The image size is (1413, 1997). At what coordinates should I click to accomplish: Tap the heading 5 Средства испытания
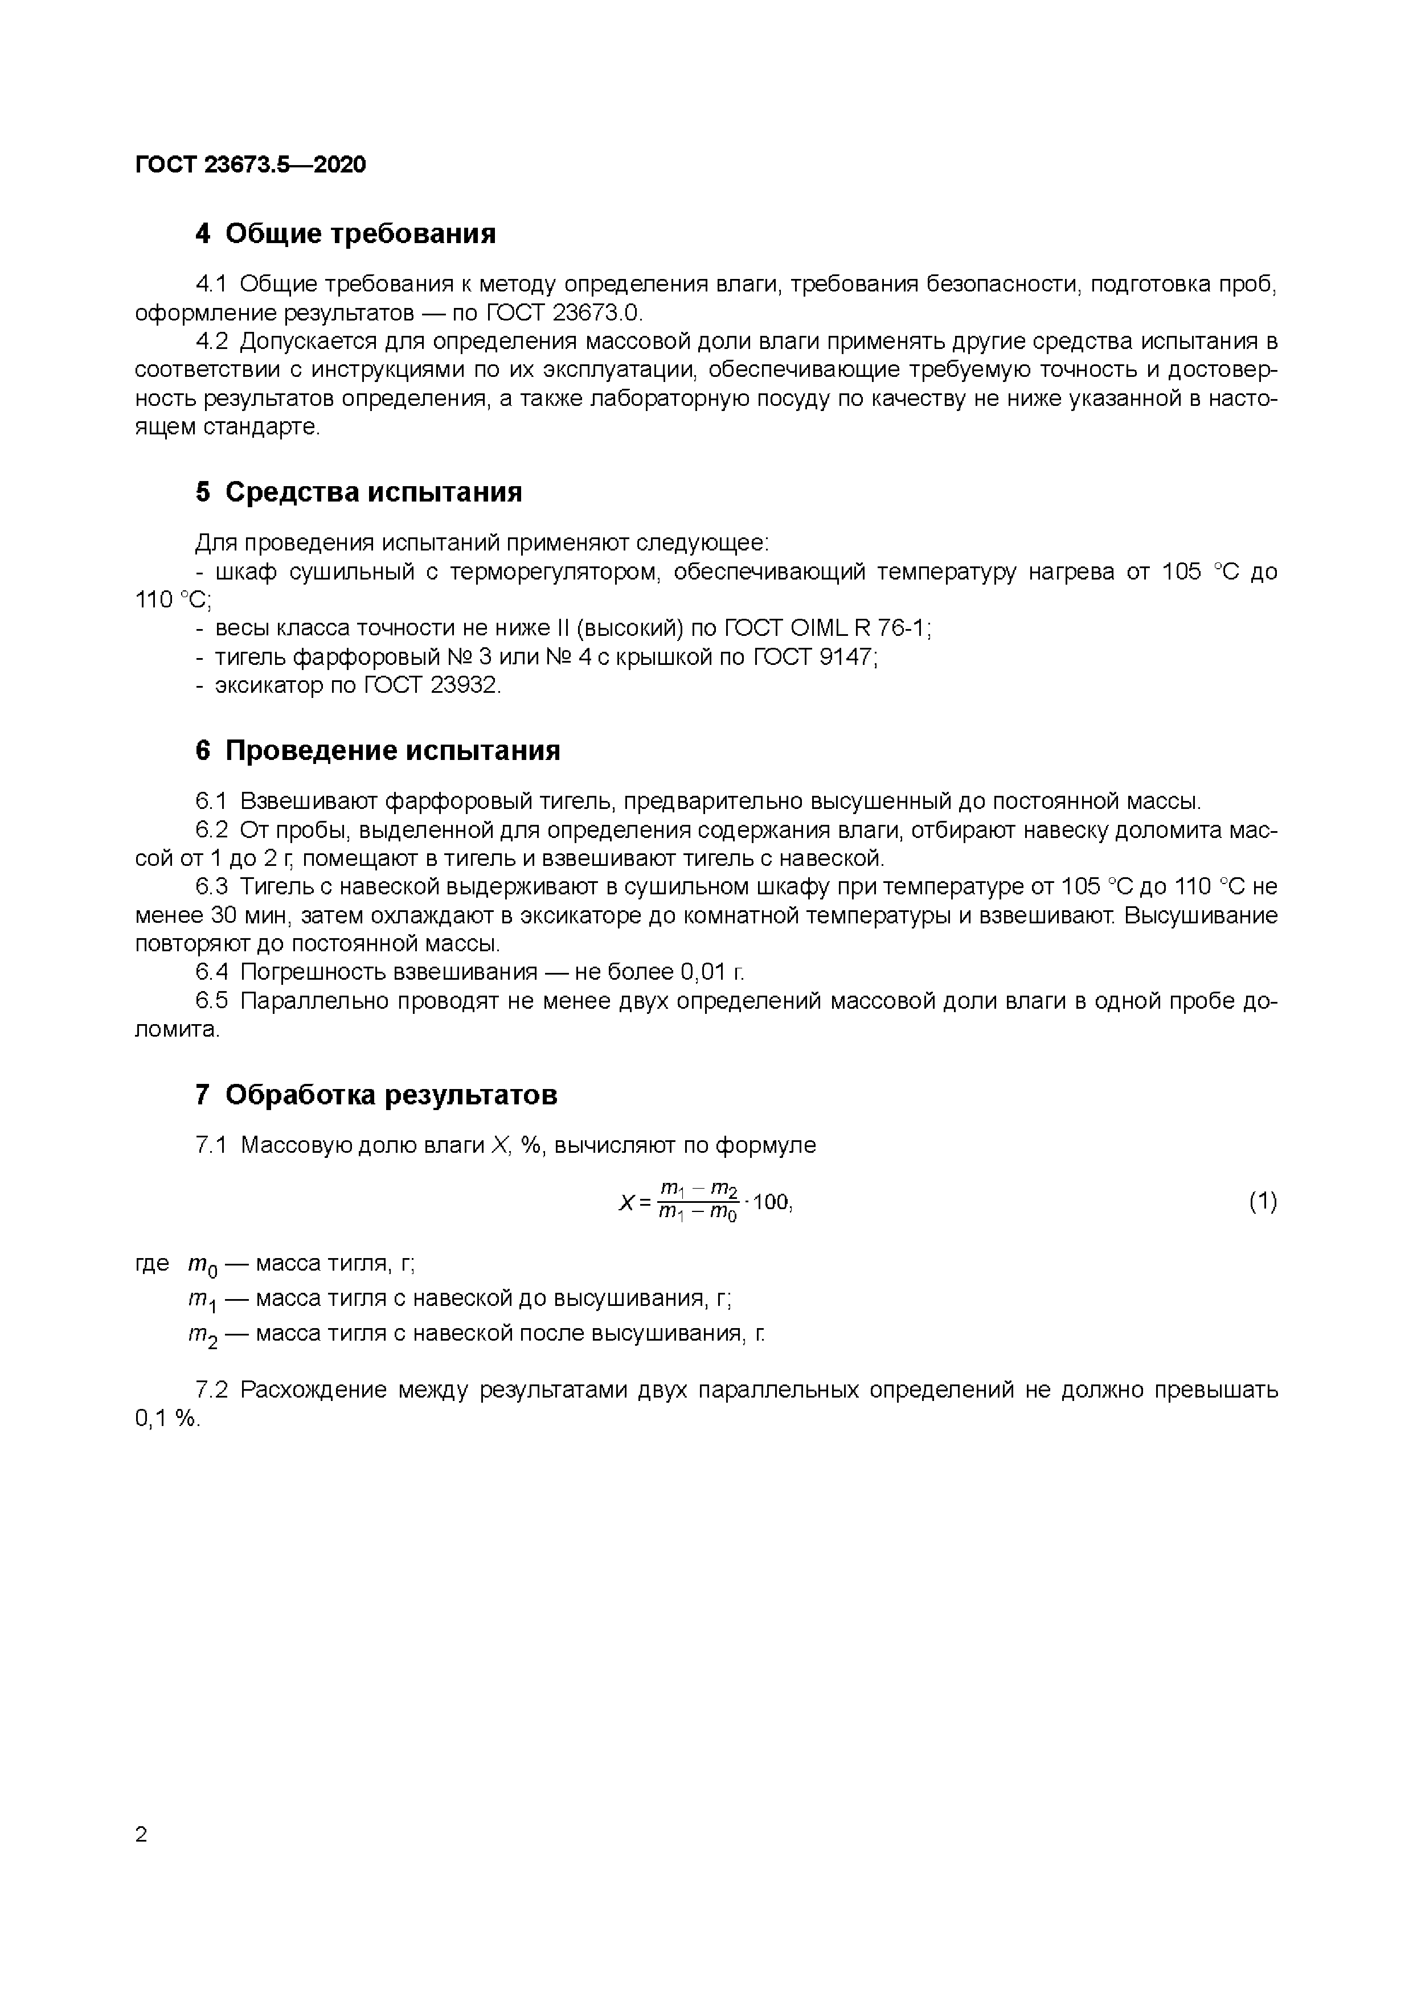358,492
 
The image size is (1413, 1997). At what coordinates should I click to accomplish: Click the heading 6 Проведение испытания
378,751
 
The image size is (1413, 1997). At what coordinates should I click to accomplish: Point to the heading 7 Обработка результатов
376,1095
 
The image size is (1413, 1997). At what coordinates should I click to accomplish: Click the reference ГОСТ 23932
432,685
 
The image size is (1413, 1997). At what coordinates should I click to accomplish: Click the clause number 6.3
211,886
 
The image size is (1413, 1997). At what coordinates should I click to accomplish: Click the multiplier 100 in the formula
771,1202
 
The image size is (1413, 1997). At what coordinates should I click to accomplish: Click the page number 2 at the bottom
142,1834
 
